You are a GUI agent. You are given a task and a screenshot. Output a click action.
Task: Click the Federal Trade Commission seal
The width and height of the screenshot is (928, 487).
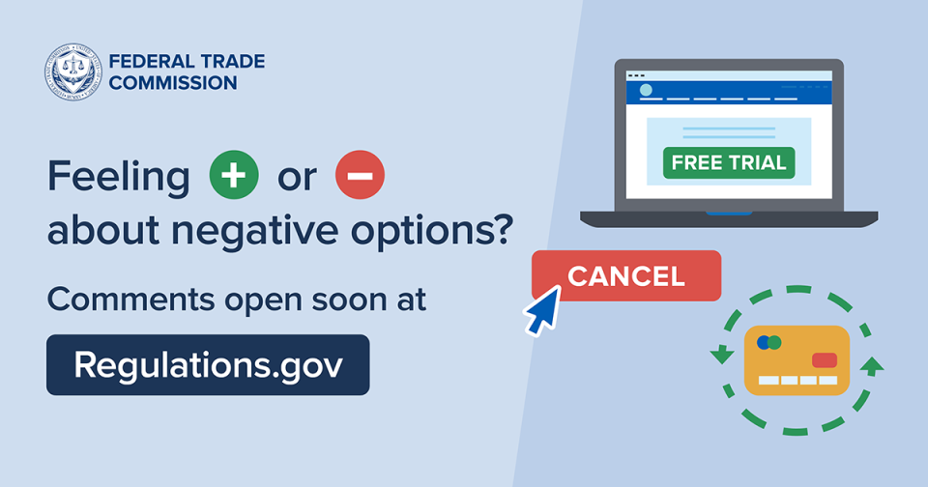[72, 72]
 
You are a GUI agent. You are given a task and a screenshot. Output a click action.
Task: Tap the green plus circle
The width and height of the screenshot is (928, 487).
[234, 177]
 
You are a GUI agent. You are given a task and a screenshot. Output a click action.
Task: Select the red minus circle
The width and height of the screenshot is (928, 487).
[360, 177]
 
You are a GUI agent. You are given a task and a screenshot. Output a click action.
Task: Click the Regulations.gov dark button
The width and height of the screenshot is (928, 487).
[208, 364]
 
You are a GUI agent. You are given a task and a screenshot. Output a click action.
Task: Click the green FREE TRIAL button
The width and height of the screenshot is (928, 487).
[729, 162]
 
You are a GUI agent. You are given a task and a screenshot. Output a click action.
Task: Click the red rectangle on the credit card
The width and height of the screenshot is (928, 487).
[825, 360]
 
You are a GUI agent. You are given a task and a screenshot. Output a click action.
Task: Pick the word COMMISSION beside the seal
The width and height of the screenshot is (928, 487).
[173, 83]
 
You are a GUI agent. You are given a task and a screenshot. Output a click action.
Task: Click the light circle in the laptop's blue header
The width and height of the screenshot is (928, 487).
[646, 90]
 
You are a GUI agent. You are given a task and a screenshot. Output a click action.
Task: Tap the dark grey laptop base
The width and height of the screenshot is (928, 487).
[729, 218]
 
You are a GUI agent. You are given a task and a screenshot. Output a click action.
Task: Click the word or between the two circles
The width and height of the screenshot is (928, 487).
[297, 179]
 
